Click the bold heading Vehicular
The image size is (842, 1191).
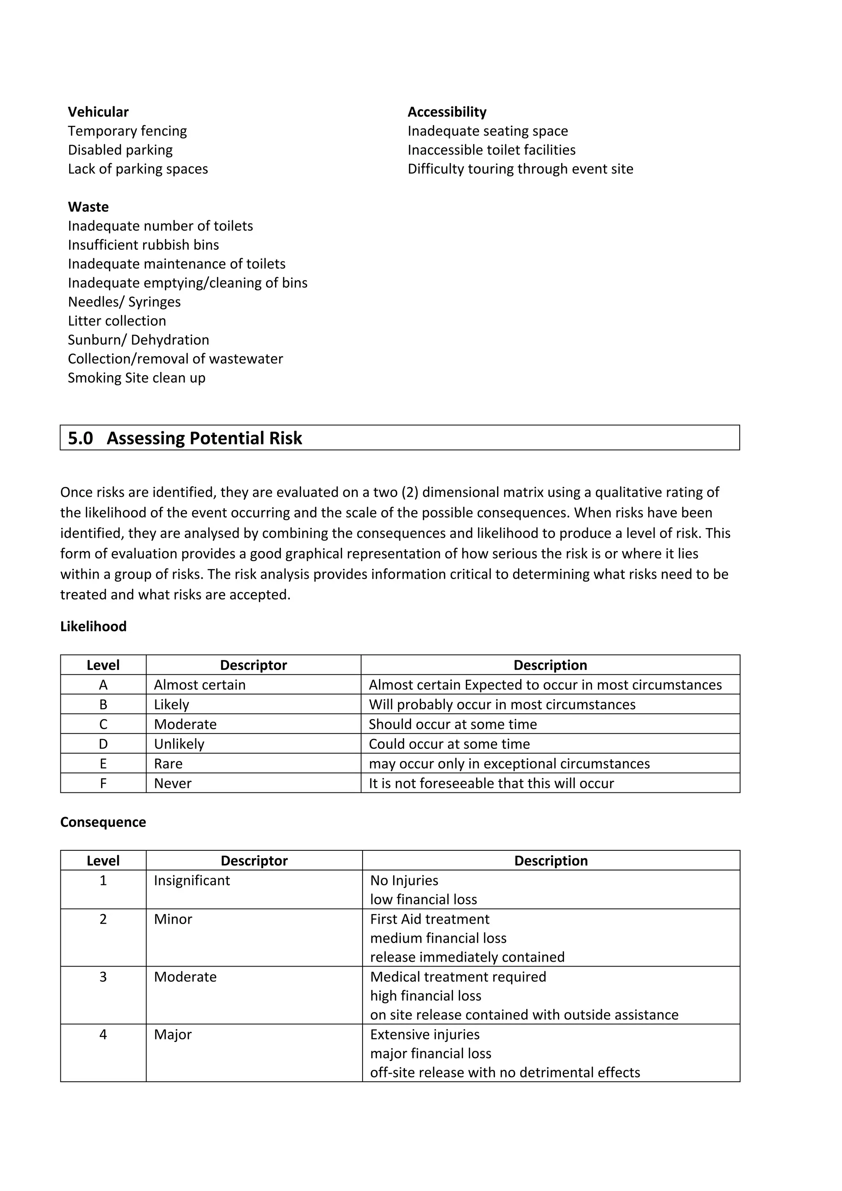pyautogui.click(x=98, y=112)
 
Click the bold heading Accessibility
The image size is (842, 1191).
pyautogui.click(x=446, y=112)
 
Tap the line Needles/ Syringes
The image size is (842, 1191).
pyautogui.click(x=124, y=302)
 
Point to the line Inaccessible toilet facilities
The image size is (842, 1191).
pyautogui.click(x=491, y=150)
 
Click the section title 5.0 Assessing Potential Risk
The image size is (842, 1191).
pyautogui.click(x=185, y=439)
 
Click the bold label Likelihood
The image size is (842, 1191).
pyautogui.click(x=93, y=627)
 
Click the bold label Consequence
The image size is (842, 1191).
pyautogui.click(x=103, y=822)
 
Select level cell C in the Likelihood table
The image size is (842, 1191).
pyautogui.click(x=103, y=724)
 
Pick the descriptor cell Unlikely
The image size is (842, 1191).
pyautogui.click(x=179, y=744)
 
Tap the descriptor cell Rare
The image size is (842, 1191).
pyautogui.click(x=168, y=764)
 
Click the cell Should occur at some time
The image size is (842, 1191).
pyautogui.click(x=452, y=724)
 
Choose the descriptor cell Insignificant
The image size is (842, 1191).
pyautogui.click(x=192, y=880)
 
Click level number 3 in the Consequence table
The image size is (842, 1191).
pyautogui.click(x=103, y=977)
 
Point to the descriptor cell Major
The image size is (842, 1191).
pyautogui.click(x=173, y=1034)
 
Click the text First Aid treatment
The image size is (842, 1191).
pyautogui.click(x=430, y=919)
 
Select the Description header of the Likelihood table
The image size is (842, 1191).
pyautogui.click(x=550, y=665)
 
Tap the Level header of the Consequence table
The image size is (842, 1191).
pyautogui.click(x=103, y=861)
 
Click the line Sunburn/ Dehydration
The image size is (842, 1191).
pyautogui.click(x=138, y=340)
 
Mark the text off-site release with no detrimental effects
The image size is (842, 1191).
pyautogui.click(x=505, y=1072)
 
